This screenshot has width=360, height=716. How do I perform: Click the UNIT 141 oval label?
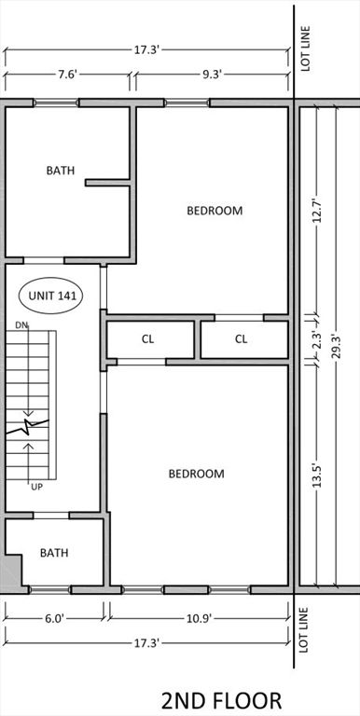pos(51,296)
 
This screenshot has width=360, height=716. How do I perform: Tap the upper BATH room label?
pos(61,171)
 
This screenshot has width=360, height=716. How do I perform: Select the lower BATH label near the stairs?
pos(54,553)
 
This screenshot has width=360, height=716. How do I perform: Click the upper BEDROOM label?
pos(215,211)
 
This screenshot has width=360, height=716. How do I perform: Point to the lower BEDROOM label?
pos(196,474)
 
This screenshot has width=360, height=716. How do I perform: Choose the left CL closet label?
pos(147,339)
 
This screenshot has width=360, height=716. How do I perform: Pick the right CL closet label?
pos(241,339)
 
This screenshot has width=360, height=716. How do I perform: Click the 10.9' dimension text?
pos(196,618)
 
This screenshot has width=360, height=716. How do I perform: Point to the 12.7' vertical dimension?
pos(317,210)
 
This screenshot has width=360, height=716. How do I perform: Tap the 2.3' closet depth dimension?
pos(317,339)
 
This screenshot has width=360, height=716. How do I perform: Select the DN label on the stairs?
pos(21,325)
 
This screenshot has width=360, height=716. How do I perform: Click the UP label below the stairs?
pos(36,488)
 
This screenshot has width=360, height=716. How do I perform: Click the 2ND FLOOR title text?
pos(220,699)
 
